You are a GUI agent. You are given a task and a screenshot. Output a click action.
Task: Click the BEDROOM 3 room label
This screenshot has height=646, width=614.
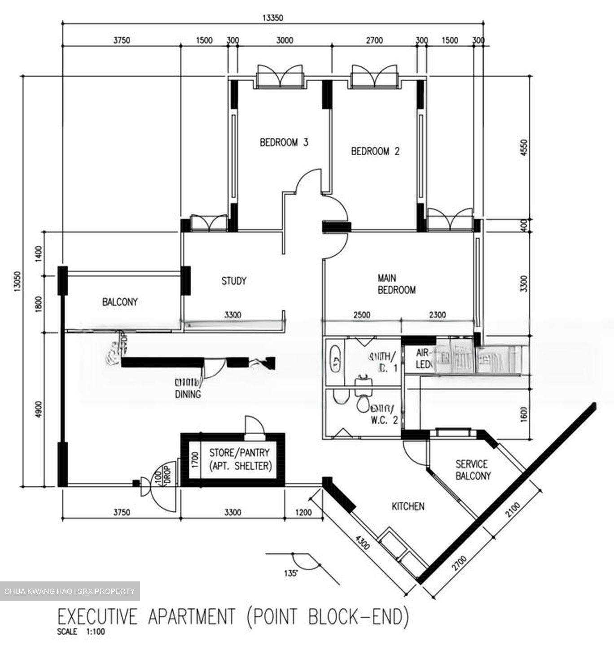284,143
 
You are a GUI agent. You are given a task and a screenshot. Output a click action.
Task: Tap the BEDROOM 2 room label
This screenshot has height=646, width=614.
375,151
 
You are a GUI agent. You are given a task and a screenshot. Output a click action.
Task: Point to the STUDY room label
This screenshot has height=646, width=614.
234,281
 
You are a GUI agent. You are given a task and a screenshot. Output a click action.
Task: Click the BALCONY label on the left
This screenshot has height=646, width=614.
120,302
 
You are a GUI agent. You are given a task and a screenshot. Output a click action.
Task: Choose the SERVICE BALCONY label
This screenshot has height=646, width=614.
473,470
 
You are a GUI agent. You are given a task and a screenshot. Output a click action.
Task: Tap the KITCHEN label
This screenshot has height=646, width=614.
408,506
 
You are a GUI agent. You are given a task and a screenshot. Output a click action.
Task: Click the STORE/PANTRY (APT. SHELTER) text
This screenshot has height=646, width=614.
241,459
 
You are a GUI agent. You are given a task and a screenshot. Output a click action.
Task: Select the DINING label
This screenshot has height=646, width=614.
188,394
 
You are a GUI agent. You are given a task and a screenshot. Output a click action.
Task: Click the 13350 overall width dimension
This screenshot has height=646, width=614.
273,18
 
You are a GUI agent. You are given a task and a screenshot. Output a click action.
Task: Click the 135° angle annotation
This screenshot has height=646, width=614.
291,573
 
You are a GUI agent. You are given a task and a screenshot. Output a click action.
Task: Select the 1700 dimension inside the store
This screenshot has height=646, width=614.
195,459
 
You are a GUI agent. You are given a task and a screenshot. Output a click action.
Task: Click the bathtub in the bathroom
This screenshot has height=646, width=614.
334,358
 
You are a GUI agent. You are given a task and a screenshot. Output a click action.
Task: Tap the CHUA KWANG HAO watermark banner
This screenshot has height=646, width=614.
70,591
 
